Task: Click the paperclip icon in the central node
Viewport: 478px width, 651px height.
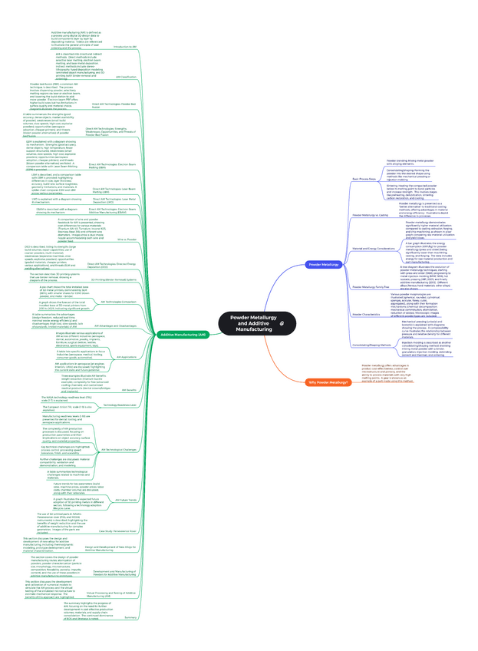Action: pos(282,325)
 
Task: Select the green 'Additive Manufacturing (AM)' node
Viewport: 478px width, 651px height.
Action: pos(182,335)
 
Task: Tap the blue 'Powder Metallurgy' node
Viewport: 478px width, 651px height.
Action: pos(323,264)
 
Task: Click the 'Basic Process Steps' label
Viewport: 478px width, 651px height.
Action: pos(342,178)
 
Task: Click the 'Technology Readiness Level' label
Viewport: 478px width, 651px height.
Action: pos(120,404)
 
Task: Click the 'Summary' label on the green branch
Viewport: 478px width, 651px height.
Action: pos(130,616)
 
